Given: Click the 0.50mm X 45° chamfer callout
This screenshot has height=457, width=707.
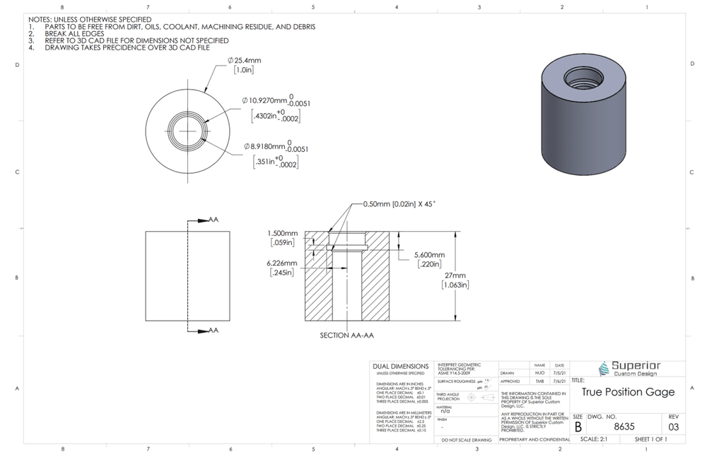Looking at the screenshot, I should coord(399,203).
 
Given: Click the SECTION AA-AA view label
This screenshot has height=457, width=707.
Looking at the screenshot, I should coord(346,336).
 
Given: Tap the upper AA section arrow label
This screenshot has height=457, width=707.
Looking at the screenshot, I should coord(214,220).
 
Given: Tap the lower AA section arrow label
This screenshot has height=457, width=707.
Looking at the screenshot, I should coord(214,330).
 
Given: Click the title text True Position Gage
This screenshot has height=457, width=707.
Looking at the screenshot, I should coord(628,392).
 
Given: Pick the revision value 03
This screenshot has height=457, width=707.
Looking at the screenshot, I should coord(673,427).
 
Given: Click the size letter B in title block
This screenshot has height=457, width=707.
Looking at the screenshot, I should coord(578,427).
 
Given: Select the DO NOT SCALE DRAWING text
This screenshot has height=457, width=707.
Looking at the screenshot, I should coord(467,439).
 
